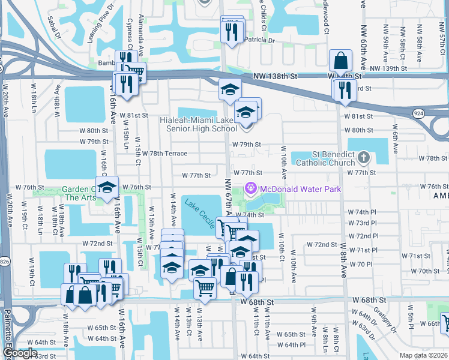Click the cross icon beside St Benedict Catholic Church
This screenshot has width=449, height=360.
363,158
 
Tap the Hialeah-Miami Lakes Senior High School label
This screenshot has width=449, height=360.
199,124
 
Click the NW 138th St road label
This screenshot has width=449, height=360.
276,77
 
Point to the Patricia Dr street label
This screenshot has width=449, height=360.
259,41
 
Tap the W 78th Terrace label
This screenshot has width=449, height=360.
165,154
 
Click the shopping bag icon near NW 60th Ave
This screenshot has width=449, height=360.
340,61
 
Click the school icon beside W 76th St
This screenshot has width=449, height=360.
107,188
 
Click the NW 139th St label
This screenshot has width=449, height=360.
391,68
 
